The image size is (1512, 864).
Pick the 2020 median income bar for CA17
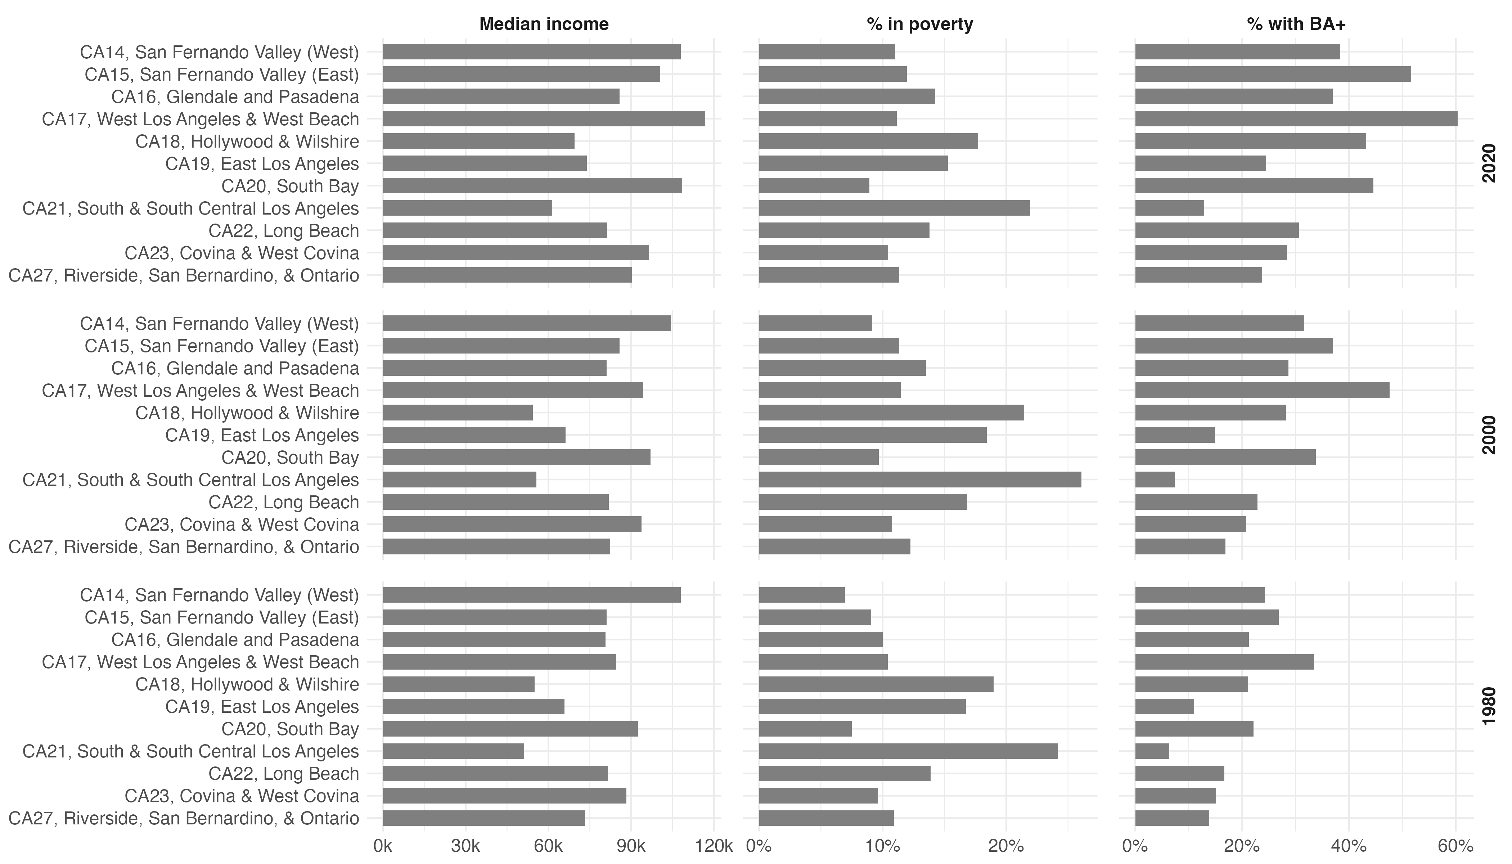pos(544,119)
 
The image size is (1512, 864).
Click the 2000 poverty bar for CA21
pos(920,480)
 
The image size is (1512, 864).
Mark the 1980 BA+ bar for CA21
pos(1152,751)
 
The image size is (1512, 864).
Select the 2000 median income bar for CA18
pos(458,413)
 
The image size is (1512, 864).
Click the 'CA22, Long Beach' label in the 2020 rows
pos(284,231)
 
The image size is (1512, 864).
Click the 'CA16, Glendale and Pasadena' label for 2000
pos(235,369)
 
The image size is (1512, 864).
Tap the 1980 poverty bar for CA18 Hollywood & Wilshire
pos(876,684)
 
